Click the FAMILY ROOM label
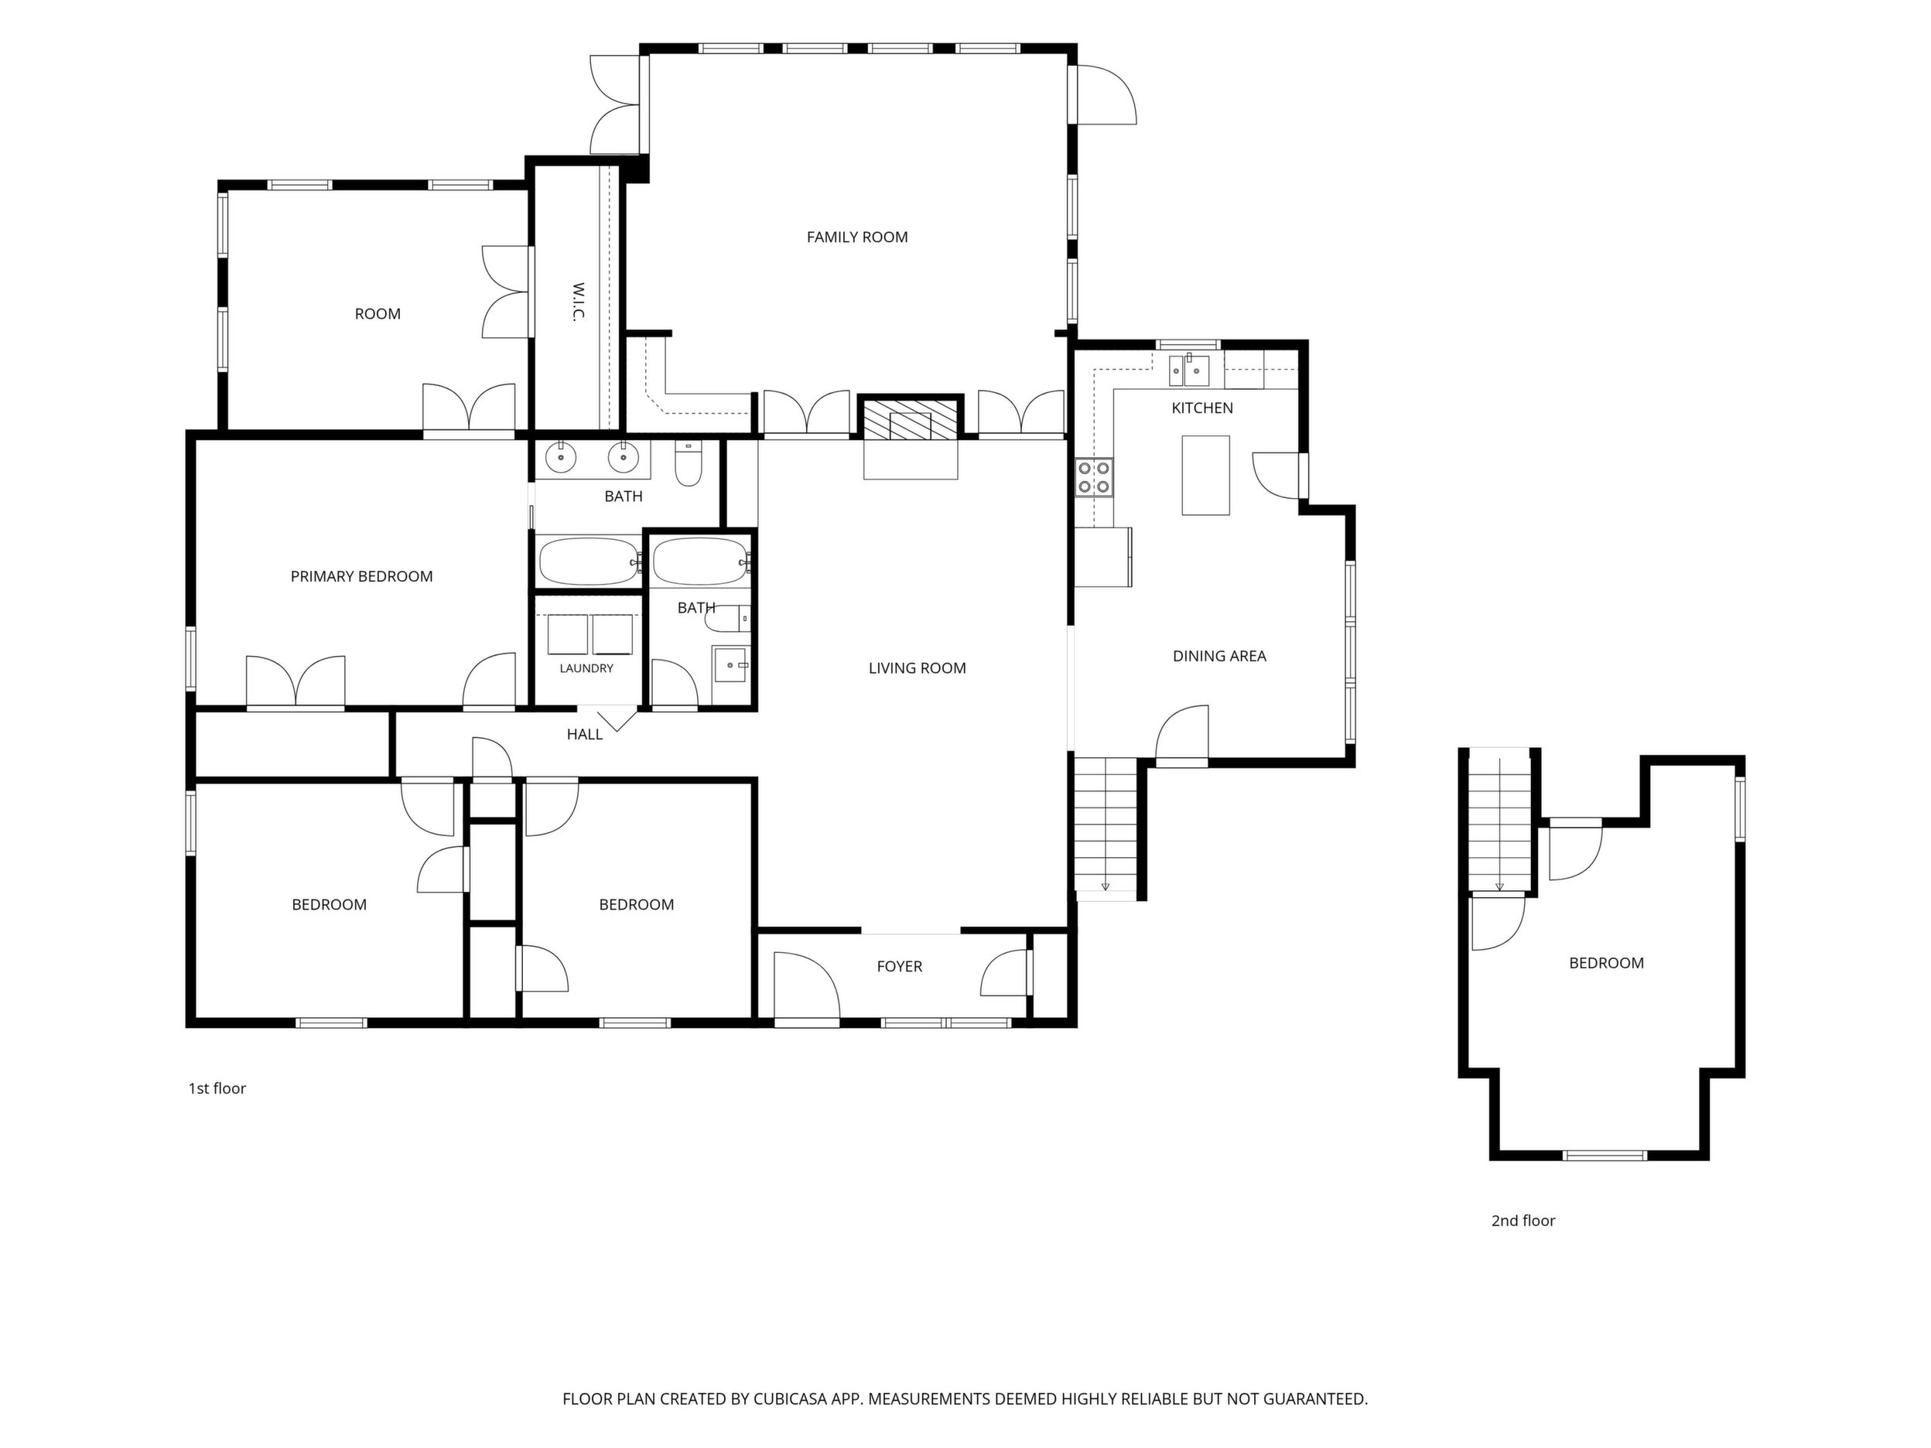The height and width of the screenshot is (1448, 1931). (x=856, y=237)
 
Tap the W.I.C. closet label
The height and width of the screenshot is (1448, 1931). (x=577, y=301)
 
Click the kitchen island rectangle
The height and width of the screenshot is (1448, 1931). (x=1205, y=475)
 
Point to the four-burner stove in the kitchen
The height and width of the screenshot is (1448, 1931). (x=1094, y=476)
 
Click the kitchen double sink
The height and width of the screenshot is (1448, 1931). (x=1189, y=370)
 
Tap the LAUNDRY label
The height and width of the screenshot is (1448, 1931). (x=586, y=668)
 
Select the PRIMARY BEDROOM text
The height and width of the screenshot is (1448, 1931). (x=361, y=576)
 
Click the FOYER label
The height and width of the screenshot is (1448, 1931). (x=899, y=966)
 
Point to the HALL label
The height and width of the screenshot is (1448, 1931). (x=584, y=734)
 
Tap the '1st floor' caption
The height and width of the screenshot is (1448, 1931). (x=217, y=1088)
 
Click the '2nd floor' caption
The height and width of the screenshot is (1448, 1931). (x=1523, y=1221)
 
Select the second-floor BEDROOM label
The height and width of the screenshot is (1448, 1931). (x=1606, y=963)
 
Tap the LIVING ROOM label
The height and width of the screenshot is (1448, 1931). (x=917, y=668)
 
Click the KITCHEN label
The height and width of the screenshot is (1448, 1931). (x=1202, y=408)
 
